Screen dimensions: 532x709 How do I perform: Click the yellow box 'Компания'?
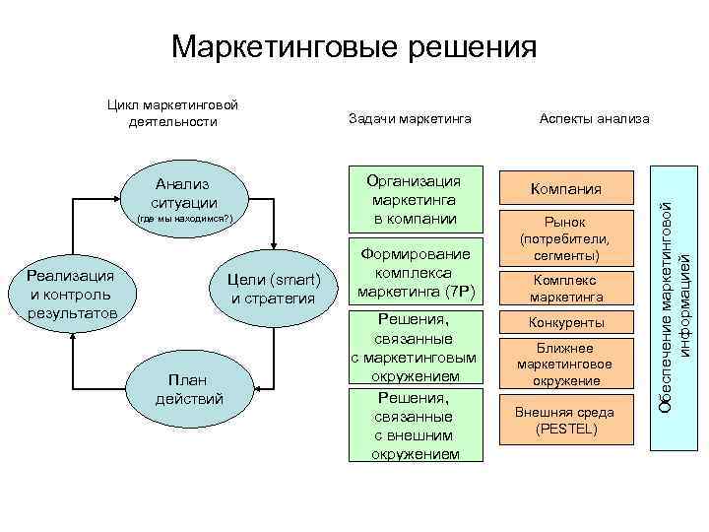pyautogui.click(x=566, y=188)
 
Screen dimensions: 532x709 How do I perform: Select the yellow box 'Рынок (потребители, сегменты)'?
pyautogui.click(x=566, y=239)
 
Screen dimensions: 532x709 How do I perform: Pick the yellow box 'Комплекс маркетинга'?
pyautogui.click(x=566, y=289)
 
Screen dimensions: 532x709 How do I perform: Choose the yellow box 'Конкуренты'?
pyautogui.click(x=566, y=323)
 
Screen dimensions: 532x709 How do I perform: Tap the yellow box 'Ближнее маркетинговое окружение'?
pyautogui.click(x=566, y=365)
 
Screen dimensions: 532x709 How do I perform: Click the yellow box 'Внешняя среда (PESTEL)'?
pyautogui.click(x=566, y=420)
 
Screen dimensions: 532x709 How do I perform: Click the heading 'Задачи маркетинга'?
pyautogui.click(x=411, y=118)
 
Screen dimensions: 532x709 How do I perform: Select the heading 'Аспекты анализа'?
pyautogui.click(x=595, y=118)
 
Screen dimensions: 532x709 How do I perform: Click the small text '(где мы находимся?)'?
pyautogui.click(x=184, y=218)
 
